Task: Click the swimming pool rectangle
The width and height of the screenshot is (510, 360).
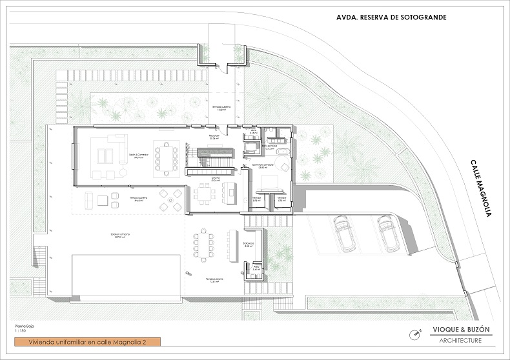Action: tap(125, 277)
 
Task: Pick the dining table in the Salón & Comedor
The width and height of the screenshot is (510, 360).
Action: tap(167, 157)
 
